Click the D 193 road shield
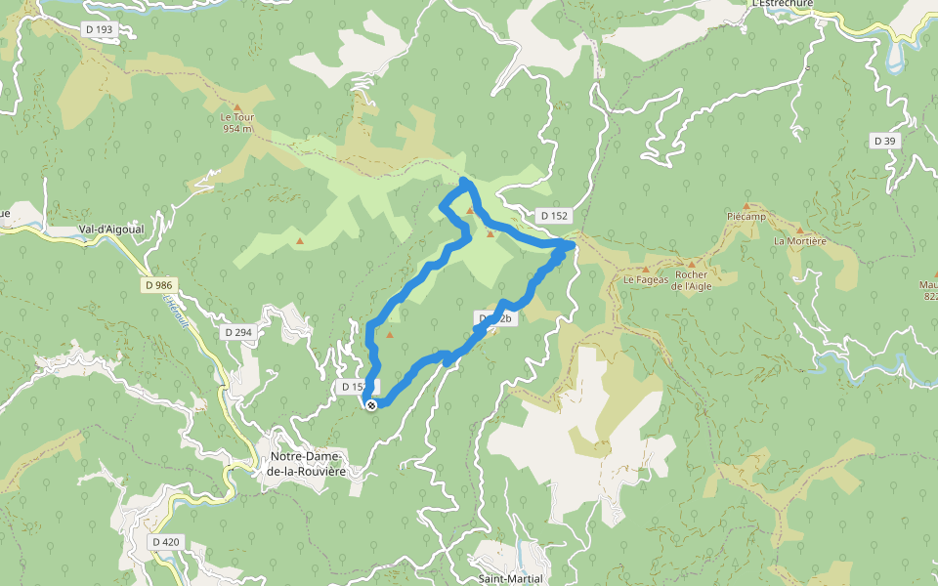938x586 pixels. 100,29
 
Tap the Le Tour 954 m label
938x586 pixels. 237,122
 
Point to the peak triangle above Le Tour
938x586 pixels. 236,107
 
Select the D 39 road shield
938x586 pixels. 884,141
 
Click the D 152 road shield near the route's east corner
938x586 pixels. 552,215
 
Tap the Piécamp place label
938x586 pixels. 746,216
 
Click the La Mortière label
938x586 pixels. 800,240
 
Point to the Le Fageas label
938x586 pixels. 646,278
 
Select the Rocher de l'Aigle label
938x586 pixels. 691,280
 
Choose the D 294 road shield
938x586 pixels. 237,332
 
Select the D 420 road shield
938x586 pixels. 166,541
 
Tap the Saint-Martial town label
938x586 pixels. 511,578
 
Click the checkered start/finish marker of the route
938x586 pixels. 371,404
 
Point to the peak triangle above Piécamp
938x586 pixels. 746,205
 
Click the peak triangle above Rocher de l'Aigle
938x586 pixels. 691,264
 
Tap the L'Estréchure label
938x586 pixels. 782,4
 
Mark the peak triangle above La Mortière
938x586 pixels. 800,230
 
